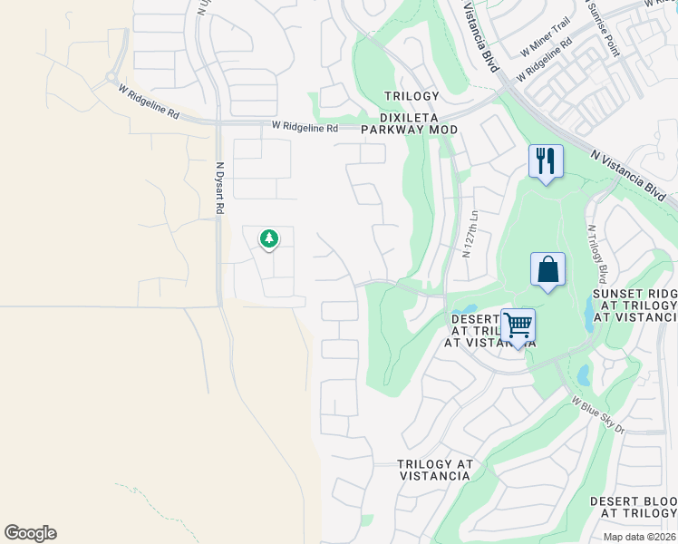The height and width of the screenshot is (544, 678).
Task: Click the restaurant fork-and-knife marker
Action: tap(546, 162)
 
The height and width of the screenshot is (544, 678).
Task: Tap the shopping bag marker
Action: tap(547, 270)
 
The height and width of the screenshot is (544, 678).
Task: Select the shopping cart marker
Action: tap(518, 325)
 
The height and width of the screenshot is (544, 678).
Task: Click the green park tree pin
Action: tap(268, 239)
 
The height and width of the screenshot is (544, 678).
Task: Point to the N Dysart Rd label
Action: tap(219, 188)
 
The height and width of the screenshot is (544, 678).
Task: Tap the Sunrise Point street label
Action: tap(613, 34)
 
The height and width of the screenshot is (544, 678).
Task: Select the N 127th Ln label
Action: tap(469, 235)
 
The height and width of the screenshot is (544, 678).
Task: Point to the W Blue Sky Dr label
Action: tap(597, 413)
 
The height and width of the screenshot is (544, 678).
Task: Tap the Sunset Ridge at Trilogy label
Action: tap(634, 305)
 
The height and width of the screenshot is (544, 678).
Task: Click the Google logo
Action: tap(30, 533)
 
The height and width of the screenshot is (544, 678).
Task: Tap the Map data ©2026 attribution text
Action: tap(639, 537)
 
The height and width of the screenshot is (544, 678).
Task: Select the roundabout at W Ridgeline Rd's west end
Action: tap(111, 78)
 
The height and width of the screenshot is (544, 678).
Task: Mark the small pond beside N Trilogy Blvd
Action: tap(591, 313)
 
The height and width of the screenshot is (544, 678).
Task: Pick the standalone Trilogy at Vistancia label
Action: tap(435, 470)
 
